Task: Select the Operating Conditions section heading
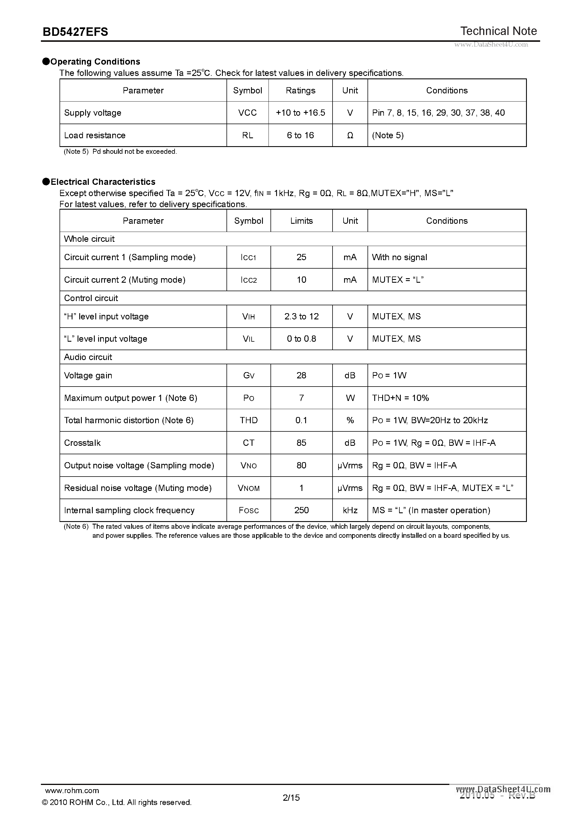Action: pos(95,62)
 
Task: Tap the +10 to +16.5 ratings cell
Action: pos(300,113)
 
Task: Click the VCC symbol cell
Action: pos(247,113)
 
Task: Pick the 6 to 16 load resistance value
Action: pos(300,135)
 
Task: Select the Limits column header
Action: pos(302,221)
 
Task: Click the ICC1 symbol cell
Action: pos(248,258)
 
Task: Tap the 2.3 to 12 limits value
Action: pos(302,317)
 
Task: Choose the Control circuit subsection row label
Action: pos(91,298)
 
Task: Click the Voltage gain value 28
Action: pos(302,376)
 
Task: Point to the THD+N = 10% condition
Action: pos(400,398)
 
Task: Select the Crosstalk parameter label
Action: pos(82,443)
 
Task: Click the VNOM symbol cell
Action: pos(248,488)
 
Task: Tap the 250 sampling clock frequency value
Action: pos(302,511)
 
